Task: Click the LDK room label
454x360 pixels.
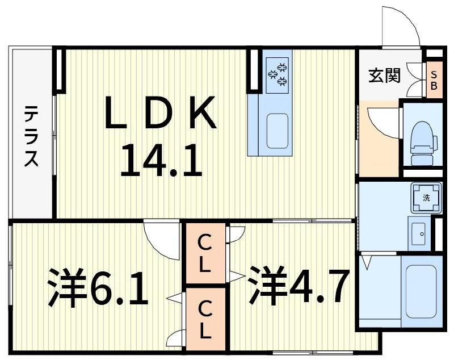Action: point(161,114)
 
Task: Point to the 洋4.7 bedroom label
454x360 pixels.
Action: point(297,285)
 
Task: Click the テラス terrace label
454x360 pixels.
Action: point(31,136)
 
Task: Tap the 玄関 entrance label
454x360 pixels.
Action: point(385,75)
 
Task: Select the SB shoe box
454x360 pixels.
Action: point(434,80)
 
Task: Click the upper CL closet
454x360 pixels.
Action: point(204,253)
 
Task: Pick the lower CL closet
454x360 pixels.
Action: point(204,319)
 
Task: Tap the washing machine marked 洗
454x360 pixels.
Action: point(426,197)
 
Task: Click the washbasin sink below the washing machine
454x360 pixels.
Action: point(420,232)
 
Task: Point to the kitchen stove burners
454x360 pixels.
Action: point(278,74)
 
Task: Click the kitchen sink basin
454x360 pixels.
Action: point(277,132)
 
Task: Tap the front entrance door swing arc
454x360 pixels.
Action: point(402,26)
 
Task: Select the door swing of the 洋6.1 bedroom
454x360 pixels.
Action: point(162,238)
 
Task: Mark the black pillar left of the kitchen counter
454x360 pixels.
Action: point(253,70)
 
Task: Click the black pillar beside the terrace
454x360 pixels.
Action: point(60,70)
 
